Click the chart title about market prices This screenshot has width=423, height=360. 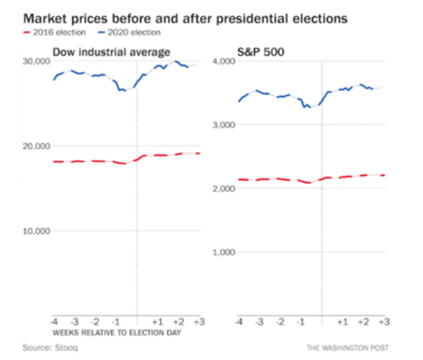185,19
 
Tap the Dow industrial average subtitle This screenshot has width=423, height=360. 111,52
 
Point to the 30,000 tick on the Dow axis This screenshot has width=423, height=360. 37,62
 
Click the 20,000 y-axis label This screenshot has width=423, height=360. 37,147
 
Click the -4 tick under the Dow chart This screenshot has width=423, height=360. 54,322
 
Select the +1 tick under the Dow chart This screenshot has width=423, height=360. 158,322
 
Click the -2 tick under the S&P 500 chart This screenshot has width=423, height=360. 280,322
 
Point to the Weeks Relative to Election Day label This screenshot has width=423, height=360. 117,333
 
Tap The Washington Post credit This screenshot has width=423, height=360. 347,347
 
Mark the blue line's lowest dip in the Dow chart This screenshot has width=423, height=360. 125,91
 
